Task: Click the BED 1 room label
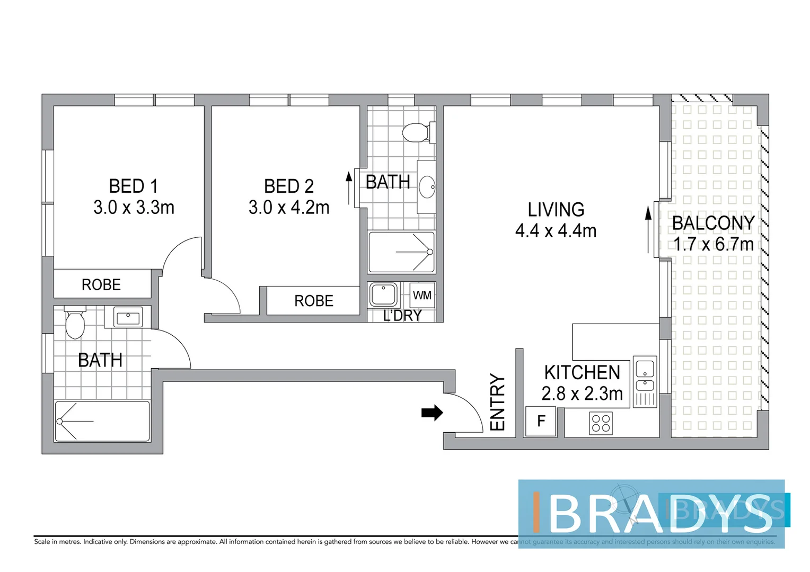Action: [133, 186]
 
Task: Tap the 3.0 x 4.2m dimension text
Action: [289, 207]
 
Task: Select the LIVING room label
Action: [556, 210]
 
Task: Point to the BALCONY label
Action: [713, 223]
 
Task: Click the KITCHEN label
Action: [582, 372]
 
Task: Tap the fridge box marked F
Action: [541, 421]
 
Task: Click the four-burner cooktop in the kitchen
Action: [601, 423]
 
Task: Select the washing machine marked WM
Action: [422, 295]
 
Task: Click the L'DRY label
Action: [402, 316]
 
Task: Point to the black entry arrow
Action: [432, 413]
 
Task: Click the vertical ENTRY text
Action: [497, 402]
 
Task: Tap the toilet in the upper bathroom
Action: [417, 133]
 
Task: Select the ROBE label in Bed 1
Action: [101, 285]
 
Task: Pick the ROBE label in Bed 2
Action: [314, 301]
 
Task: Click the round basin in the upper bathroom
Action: [427, 187]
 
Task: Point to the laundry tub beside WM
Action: [383, 294]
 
